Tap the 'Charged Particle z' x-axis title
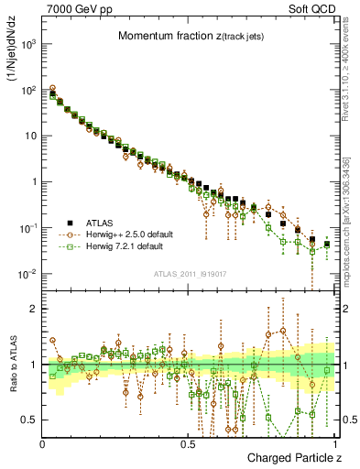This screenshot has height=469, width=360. (x=288, y=457)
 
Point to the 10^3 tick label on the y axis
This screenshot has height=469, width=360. (x=29, y=44)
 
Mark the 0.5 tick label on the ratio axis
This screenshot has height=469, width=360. (x=30, y=420)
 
